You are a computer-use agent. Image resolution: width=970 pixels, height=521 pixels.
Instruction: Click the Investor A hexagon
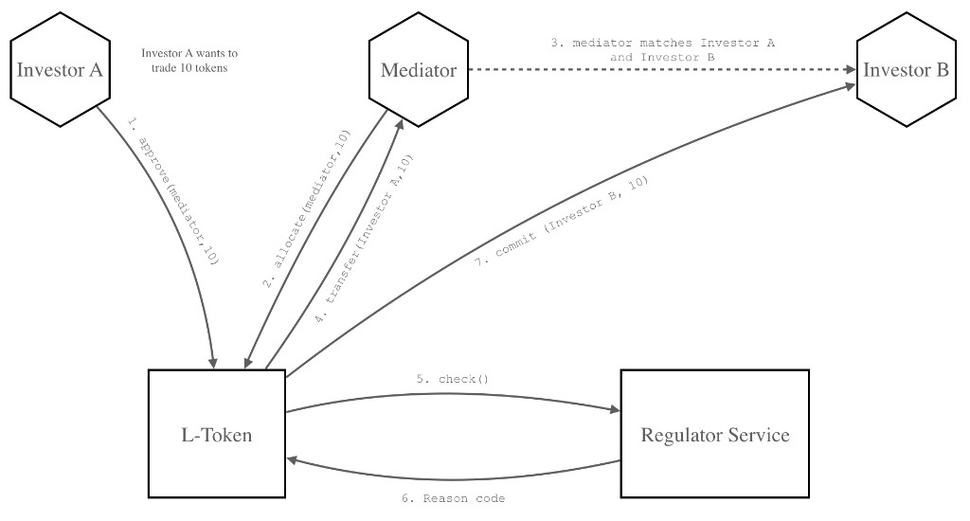pyautogui.click(x=60, y=71)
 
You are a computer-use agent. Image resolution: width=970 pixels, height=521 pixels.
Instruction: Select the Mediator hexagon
pyautogui.click(x=418, y=71)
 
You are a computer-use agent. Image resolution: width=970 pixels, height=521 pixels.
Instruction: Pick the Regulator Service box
pyautogui.click(x=714, y=435)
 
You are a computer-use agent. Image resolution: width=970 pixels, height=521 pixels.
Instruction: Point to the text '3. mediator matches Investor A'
pyautogui.click(x=669, y=45)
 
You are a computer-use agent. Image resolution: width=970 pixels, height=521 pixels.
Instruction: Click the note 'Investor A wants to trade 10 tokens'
pyautogui.click(x=196, y=60)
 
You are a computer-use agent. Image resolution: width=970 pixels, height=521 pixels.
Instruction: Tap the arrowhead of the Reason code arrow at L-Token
pyautogui.click(x=292, y=459)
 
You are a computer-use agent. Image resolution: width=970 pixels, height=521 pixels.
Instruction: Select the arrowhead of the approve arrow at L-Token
pyautogui.click(x=214, y=362)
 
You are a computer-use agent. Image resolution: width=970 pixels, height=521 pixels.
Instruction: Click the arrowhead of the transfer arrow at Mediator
pyautogui.click(x=401, y=129)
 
